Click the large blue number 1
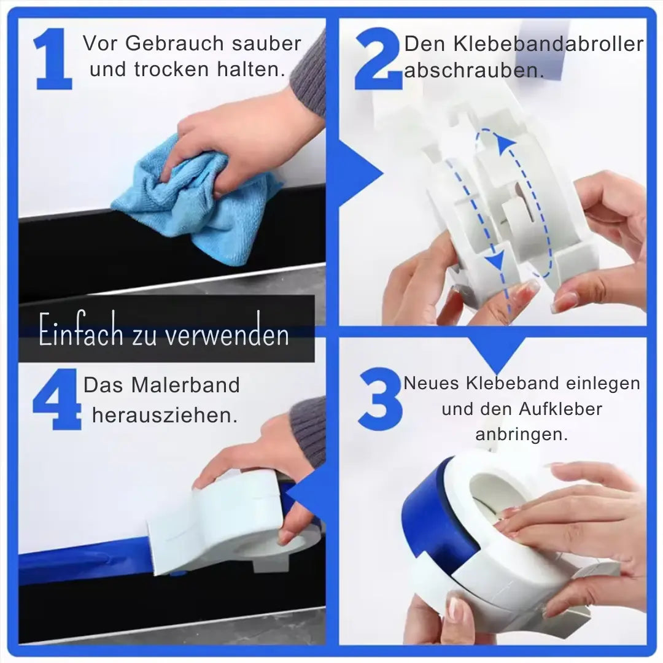point(53,59)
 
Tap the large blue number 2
point(378,59)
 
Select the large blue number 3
point(380,399)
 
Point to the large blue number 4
point(57,399)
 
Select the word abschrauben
point(474,71)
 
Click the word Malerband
point(185,385)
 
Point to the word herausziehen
point(165,415)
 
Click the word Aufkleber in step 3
point(560,409)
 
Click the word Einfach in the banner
point(81,330)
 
